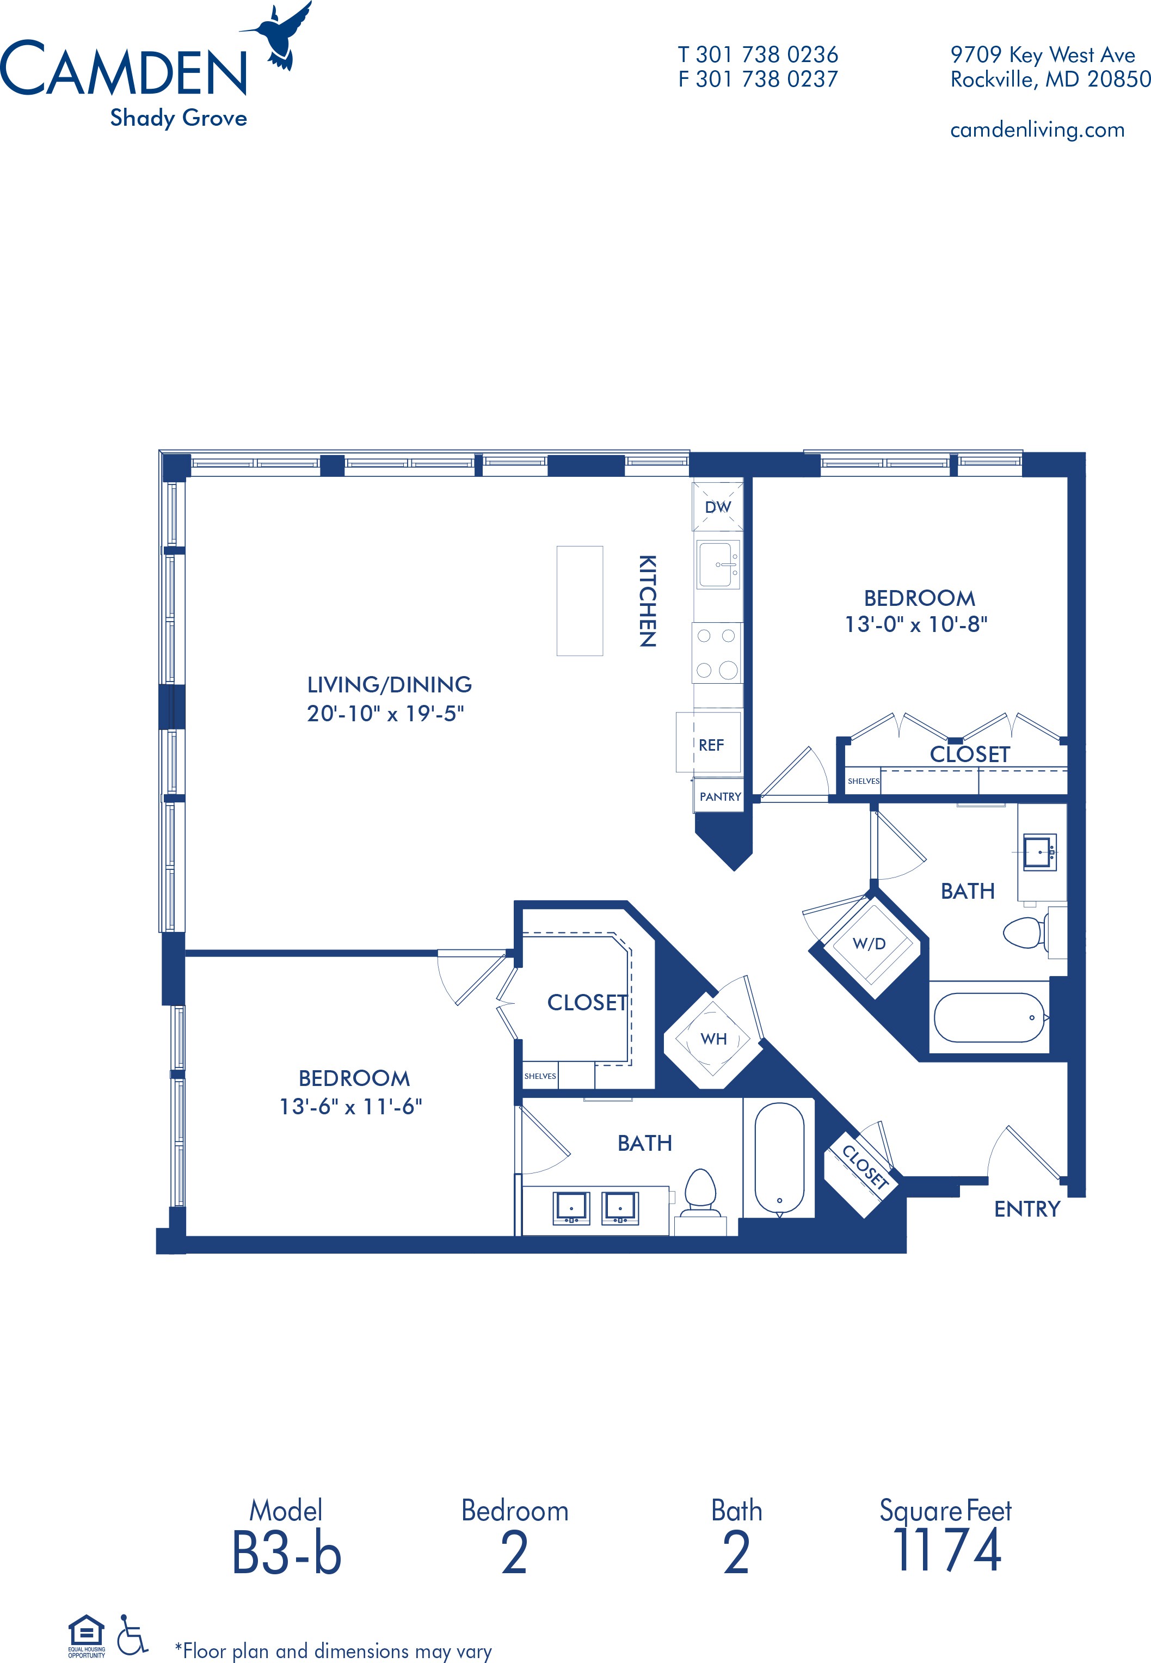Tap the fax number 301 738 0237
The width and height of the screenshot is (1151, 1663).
click(x=767, y=79)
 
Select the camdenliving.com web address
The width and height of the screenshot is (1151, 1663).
click(x=1037, y=131)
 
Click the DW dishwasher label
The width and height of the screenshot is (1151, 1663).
click(x=718, y=507)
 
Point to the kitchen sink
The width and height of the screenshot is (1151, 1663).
click(x=718, y=564)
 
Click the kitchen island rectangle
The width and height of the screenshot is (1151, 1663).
click(x=579, y=601)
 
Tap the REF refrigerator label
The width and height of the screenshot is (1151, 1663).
click(x=711, y=745)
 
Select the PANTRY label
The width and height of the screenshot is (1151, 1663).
click(x=720, y=797)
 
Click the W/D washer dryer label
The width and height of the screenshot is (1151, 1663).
click(x=869, y=943)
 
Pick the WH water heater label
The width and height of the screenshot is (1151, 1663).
click(x=713, y=1039)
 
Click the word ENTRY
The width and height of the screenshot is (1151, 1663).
click(x=1027, y=1208)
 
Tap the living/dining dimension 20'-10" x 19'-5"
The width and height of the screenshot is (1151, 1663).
click(x=385, y=713)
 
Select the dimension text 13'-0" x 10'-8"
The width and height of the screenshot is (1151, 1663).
click(x=916, y=624)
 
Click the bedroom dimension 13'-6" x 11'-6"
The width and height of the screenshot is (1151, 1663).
click(x=350, y=1106)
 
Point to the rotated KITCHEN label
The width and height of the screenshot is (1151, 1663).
click(x=648, y=601)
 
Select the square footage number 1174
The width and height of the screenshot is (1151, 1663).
click(x=947, y=1550)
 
